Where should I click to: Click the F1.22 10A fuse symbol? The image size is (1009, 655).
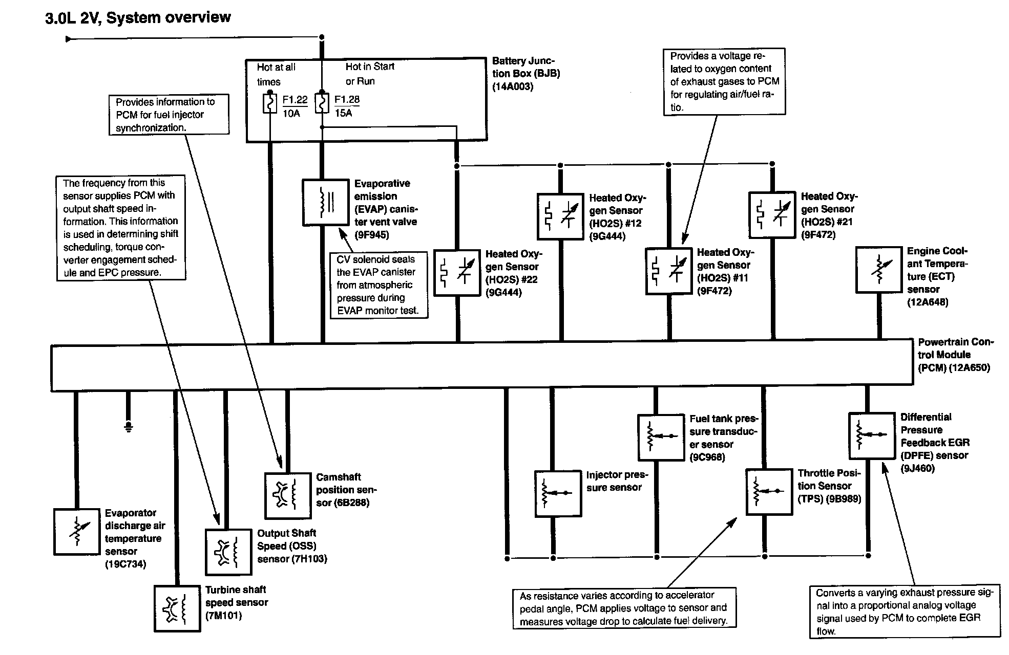(270, 103)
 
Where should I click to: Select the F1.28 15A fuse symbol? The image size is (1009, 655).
(322, 103)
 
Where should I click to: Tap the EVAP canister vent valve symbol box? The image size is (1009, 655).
(325, 202)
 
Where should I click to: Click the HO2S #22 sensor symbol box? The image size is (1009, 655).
(457, 272)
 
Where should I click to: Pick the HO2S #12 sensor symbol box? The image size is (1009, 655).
(560, 216)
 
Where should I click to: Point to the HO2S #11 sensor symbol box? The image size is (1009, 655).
(668, 271)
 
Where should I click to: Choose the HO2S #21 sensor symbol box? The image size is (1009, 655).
(772, 215)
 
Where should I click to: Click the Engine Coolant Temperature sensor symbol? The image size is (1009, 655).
(879, 270)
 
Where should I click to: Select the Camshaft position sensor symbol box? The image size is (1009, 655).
(288, 495)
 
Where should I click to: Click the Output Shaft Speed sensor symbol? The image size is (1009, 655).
(229, 552)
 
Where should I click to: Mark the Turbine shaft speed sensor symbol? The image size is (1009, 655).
(177, 608)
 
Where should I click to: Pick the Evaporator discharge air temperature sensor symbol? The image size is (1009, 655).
(77, 532)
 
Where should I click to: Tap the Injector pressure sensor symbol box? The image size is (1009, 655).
(558, 493)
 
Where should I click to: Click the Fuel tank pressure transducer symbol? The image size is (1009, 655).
(661, 438)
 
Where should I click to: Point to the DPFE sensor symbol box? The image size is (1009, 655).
(872, 435)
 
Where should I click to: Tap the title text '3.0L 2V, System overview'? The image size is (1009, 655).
(138, 18)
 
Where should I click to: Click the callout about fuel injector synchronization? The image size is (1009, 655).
(169, 115)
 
